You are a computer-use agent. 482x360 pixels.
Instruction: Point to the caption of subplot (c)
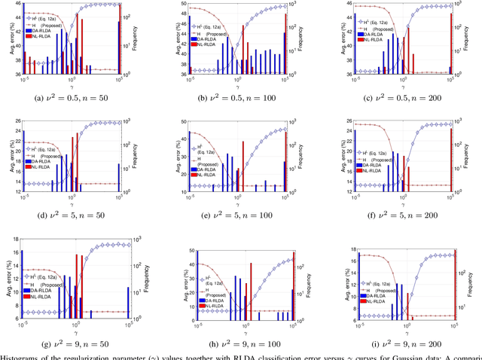coord(405,96)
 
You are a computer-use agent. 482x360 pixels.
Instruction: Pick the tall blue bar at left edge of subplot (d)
coord(23,162)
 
